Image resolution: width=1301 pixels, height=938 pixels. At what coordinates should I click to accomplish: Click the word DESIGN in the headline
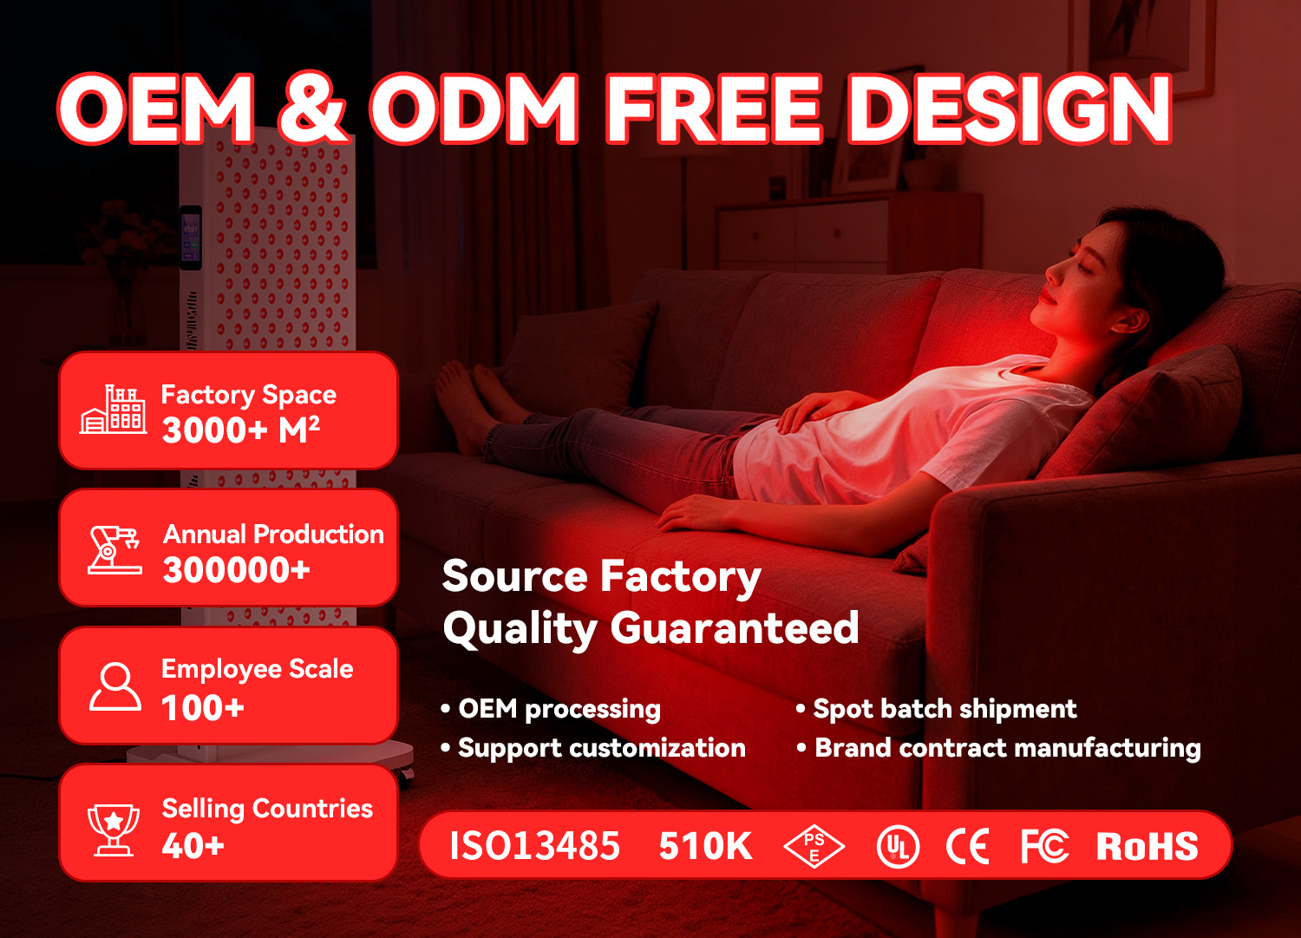(x=1010, y=108)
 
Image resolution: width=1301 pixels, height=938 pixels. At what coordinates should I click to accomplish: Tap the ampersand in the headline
(x=312, y=108)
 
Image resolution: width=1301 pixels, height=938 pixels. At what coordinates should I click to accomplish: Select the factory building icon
(x=113, y=410)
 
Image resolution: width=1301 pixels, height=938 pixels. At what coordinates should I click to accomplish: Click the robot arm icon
(x=114, y=550)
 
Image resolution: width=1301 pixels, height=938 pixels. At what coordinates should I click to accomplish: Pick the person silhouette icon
(x=115, y=686)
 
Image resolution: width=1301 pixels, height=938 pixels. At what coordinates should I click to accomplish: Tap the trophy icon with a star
(x=114, y=830)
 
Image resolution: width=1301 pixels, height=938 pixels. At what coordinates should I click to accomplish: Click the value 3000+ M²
(x=240, y=430)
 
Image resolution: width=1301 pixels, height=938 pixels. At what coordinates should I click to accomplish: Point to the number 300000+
(x=236, y=569)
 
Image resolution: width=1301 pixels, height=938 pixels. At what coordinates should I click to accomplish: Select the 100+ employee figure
(x=203, y=708)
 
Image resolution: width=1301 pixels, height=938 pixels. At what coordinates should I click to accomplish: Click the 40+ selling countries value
(x=193, y=846)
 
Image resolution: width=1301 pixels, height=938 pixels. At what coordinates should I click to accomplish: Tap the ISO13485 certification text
(x=535, y=846)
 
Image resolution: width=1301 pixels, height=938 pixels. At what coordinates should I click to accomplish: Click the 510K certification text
(x=705, y=846)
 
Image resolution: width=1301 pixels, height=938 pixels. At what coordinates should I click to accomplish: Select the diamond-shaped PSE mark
(x=814, y=846)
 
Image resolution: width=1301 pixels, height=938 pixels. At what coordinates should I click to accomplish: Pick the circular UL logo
(x=898, y=847)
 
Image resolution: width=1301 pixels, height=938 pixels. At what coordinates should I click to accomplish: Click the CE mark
(x=967, y=846)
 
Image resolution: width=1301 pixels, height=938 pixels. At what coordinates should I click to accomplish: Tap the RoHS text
(x=1147, y=846)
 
